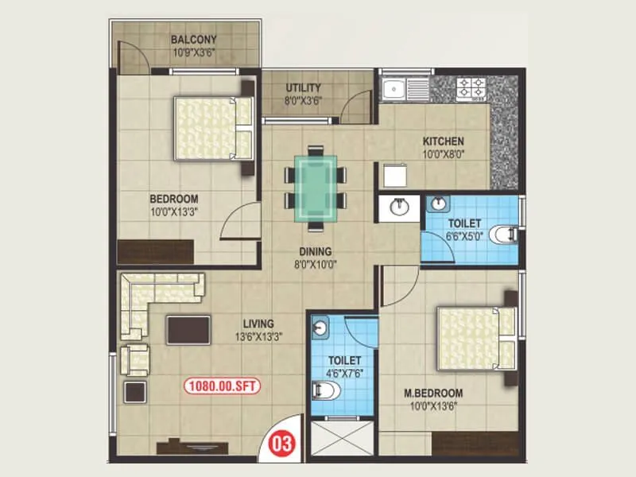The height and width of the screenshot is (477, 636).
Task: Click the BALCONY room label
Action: tap(193, 40)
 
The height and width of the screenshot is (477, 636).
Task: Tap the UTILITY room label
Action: tap(304, 88)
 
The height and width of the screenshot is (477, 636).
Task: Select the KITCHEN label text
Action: tap(443, 142)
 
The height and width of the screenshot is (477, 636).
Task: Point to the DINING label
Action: tap(316, 252)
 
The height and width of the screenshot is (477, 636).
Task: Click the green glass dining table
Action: tap(316, 187)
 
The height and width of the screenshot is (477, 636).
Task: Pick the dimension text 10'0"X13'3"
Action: tap(173, 211)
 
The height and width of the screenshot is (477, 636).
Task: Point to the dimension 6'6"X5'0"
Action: tap(463, 236)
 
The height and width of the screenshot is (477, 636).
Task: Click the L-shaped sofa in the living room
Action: tap(150, 298)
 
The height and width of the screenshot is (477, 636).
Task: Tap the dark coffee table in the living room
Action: tap(188, 330)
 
